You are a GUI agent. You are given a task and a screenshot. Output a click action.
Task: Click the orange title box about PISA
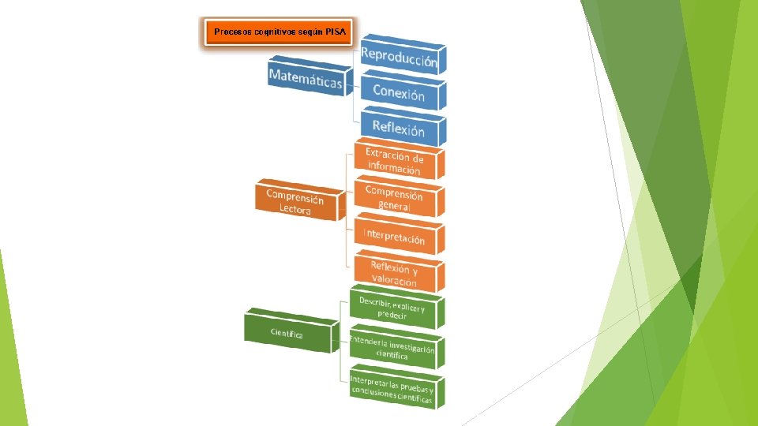[x=278, y=32]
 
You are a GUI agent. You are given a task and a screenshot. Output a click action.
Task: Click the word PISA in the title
[x=335, y=32]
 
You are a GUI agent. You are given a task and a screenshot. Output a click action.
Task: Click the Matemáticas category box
[x=306, y=77]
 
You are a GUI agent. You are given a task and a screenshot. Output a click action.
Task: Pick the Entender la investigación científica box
[x=392, y=349]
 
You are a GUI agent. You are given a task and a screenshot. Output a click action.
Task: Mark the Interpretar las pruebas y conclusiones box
[x=392, y=390]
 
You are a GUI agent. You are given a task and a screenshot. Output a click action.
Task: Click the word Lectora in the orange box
[x=295, y=210]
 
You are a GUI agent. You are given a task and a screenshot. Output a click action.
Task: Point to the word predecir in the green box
[x=392, y=315]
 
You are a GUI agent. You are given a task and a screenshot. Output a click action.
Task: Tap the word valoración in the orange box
[x=394, y=281]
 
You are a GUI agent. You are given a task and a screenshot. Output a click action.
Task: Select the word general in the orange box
[x=394, y=206]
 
